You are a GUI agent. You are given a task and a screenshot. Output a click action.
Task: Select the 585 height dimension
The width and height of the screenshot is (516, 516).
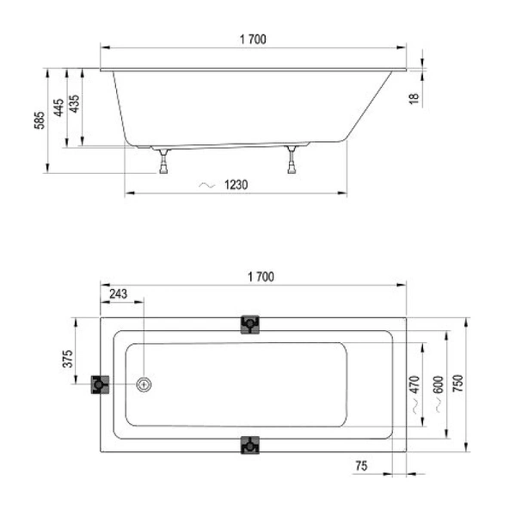(x=40, y=121)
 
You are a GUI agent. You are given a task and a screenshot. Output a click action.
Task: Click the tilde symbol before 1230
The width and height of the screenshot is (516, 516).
(x=206, y=185)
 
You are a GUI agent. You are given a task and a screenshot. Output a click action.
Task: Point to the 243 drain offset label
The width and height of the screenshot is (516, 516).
(x=118, y=294)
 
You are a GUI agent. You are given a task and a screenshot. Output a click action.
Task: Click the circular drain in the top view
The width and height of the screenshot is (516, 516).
(x=145, y=384)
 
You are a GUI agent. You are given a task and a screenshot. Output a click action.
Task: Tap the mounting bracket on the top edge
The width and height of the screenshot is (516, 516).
(x=250, y=324)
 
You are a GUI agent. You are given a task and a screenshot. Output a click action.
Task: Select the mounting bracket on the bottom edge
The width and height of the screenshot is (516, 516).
(x=250, y=445)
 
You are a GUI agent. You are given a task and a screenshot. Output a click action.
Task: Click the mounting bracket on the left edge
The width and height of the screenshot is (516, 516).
(x=100, y=384)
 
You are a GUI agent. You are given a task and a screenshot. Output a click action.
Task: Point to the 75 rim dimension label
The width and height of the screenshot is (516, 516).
(x=361, y=465)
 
